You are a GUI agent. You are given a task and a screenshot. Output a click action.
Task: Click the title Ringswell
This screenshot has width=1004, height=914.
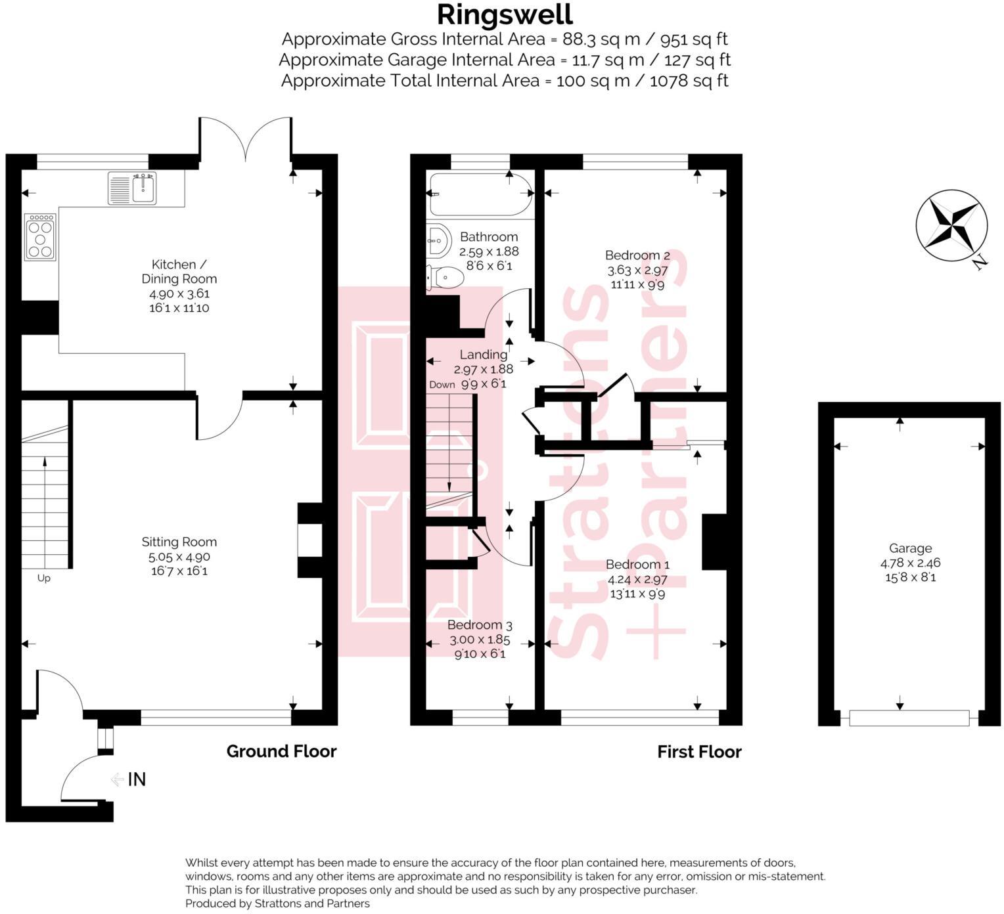[505, 14]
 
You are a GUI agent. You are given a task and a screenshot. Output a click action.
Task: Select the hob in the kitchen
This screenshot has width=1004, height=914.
[40, 237]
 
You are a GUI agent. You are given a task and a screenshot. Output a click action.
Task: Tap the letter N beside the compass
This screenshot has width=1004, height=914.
[980, 263]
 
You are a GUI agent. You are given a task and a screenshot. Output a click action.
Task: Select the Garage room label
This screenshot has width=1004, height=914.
[910, 548]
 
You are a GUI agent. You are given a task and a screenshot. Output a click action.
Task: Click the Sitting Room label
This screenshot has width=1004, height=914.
[179, 542]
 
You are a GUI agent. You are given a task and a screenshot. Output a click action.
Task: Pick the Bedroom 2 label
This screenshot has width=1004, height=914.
[637, 255]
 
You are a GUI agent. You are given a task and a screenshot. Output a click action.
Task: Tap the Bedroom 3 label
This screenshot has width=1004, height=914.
[480, 625]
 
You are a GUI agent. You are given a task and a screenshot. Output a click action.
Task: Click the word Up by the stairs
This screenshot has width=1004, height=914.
[43, 578]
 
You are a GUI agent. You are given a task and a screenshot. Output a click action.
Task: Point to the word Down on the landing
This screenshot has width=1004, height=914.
[442, 385]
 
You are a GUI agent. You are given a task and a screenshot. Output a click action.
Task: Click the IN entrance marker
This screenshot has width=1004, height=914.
[136, 779]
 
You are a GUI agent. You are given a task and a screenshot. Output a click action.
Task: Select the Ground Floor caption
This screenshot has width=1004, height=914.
[281, 751]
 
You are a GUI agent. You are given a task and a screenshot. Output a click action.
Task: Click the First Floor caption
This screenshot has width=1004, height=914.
[699, 752]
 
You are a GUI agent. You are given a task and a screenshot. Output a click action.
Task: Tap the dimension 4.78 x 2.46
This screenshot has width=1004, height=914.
[910, 563]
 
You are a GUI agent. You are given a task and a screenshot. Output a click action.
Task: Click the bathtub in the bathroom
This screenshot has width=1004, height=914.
[479, 194]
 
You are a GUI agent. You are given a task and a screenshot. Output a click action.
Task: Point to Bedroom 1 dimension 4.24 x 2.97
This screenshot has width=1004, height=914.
[637, 579]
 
